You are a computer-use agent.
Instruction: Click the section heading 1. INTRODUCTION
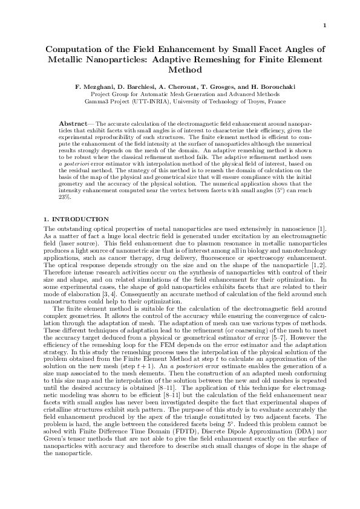(x=77, y=219)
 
